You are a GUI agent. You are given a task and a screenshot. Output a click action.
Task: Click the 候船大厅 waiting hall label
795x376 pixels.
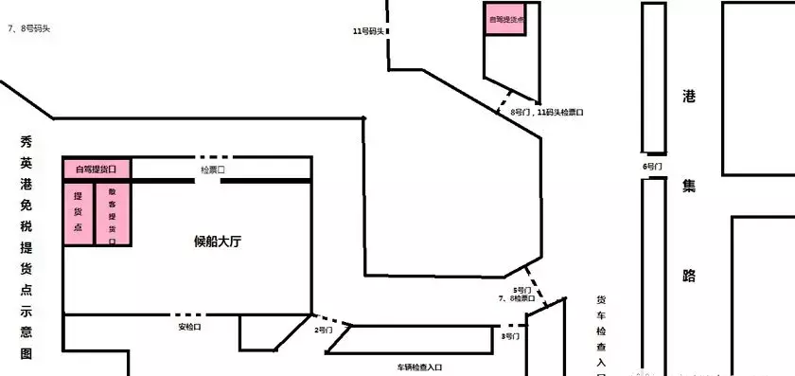click(x=218, y=242)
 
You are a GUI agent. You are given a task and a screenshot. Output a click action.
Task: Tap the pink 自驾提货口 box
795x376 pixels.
click(x=97, y=170)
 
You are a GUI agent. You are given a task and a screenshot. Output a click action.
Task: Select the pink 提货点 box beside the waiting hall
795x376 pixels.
click(x=79, y=214)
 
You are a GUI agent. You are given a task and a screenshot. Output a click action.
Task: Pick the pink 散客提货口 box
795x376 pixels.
click(x=113, y=214)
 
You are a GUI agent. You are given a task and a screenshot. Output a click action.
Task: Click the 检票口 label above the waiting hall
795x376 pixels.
click(x=213, y=170)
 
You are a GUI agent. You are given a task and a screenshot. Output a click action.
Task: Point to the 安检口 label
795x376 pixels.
click(x=190, y=328)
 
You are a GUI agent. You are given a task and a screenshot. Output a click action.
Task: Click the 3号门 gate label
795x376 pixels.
click(x=509, y=335)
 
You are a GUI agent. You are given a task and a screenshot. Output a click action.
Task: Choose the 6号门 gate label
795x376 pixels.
click(x=652, y=166)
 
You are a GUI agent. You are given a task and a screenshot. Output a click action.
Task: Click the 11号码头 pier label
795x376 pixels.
click(x=367, y=32)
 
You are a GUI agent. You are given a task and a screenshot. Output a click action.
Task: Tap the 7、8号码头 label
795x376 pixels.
click(x=29, y=28)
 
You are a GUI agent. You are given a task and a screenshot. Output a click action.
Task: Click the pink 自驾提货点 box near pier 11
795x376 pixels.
click(x=506, y=19)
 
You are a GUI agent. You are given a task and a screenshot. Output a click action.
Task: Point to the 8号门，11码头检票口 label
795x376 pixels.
click(x=547, y=112)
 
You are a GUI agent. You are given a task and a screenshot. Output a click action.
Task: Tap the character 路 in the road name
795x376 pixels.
click(x=689, y=275)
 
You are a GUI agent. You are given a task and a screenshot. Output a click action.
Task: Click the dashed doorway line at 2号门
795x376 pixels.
click(x=331, y=320)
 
